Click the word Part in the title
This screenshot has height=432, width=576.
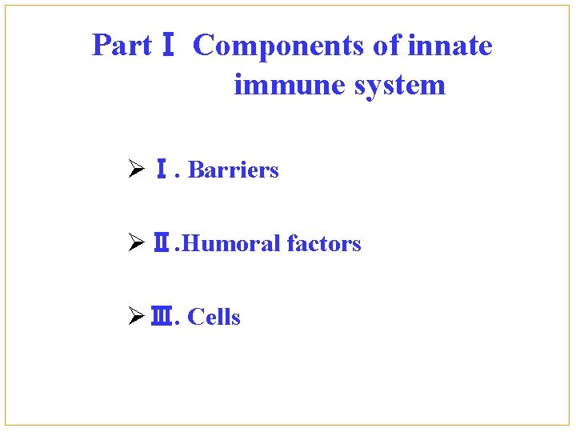coord(122,46)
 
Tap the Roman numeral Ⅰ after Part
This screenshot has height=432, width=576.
coord(168,46)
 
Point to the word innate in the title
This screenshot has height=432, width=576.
coord(450,46)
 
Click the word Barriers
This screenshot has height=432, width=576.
coord(233,170)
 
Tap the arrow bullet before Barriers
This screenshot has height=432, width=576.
coord(135,170)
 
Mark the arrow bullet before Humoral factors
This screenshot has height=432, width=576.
coord(135,243)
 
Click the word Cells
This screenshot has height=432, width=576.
coord(214,317)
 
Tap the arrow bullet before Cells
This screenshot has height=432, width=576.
coord(135,317)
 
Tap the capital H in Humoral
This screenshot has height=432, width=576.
coord(192,243)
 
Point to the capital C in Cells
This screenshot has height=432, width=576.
coord(194,317)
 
